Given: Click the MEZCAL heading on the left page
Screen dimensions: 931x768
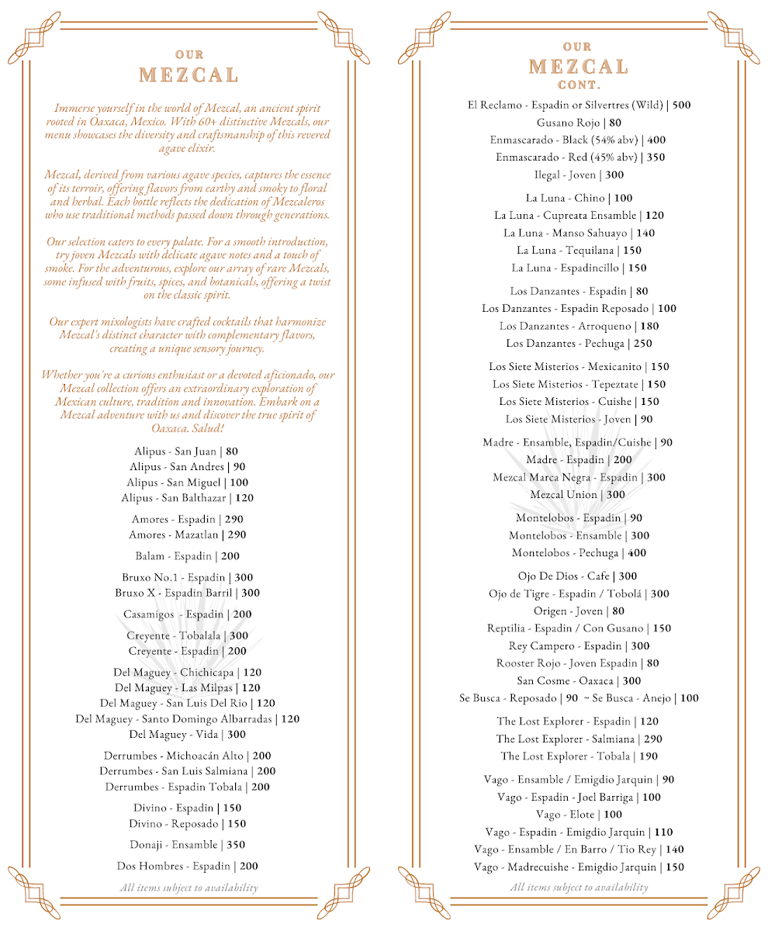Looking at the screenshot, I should pos(189,75).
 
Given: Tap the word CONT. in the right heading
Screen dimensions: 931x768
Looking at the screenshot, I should pos(579,85).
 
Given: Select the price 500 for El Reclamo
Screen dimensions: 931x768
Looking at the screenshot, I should pos(681,105).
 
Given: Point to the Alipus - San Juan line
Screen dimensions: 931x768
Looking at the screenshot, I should pos(176,452).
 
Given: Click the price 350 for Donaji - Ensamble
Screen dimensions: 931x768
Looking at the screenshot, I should pos(241,845).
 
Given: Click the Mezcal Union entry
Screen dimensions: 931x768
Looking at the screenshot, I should pos(564,495).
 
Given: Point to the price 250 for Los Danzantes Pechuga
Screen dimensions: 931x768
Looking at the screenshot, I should pos(643,344).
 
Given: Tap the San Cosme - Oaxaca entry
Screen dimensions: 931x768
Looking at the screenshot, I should pos(567,681).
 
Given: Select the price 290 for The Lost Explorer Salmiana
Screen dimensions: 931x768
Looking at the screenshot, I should pos(653,739).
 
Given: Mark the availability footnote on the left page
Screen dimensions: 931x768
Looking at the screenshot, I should pos(189,888).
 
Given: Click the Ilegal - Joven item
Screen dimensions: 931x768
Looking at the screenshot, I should pos(566,175).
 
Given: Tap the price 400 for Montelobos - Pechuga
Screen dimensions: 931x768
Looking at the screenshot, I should pos(637,553).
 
